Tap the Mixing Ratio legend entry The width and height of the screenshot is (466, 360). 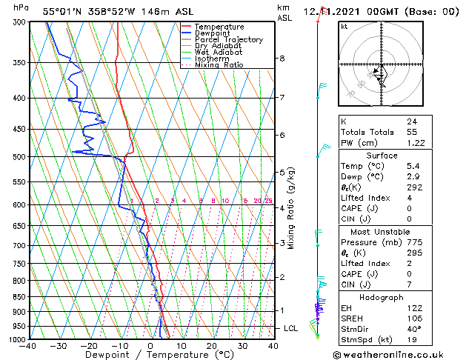[x=219, y=65]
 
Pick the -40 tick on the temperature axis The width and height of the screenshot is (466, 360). [x=28, y=345]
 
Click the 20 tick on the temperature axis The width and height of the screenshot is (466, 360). [x=212, y=345]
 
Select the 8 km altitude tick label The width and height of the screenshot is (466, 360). [x=282, y=59]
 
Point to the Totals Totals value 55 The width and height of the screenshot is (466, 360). [x=412, y=131]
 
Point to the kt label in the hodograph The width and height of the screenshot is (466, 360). [x=344, y=27]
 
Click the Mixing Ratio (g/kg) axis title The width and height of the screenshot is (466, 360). [x=291, y=207]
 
